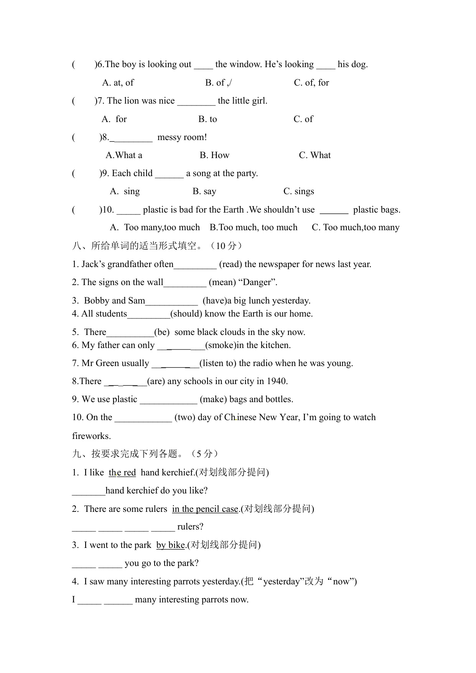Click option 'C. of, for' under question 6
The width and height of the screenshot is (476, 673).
(311, 82)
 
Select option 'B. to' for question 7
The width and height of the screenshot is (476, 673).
(208, 119)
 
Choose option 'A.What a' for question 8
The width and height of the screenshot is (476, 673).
(124, 155)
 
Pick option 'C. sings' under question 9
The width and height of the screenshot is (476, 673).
(298, 191)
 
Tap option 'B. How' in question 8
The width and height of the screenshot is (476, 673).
(214, 155)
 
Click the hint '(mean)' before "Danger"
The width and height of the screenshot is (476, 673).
(222, 282)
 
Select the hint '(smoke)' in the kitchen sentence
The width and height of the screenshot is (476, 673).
(221, 345)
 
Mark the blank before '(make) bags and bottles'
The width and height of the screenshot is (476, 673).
(168, 400)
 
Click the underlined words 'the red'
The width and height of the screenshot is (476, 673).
(122, 472)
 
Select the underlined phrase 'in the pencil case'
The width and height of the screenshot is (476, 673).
(205, 509)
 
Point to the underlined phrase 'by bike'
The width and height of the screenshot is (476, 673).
(171, 545)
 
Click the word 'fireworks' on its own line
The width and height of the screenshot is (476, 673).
(91, 436)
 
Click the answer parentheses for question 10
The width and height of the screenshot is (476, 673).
(86, 209)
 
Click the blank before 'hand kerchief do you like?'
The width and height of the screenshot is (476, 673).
(89, 491)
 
